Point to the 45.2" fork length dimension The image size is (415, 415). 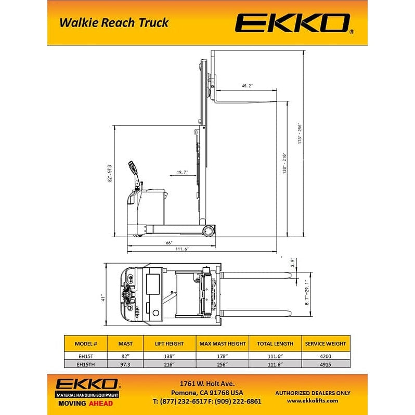click(247, 86)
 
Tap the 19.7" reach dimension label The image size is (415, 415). click(181, 172)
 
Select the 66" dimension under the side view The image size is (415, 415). click(168, 243)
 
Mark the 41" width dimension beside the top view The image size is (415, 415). click(103, 299)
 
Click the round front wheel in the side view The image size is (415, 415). click(209, 230)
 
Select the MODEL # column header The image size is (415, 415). click(86, 343)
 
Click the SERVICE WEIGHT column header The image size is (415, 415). click(326, 343)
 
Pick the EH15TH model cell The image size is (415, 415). click(86, 365)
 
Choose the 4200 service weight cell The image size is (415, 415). click(326, 356)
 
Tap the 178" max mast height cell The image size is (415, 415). click(222, 356)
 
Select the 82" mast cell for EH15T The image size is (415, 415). click(125, 356)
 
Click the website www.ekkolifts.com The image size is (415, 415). click(313, 400)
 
